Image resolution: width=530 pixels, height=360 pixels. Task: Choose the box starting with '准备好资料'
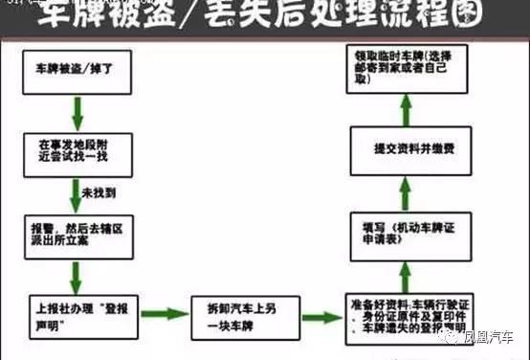(410, 316)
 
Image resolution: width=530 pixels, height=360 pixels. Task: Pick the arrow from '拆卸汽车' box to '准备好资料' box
(320, 314)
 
